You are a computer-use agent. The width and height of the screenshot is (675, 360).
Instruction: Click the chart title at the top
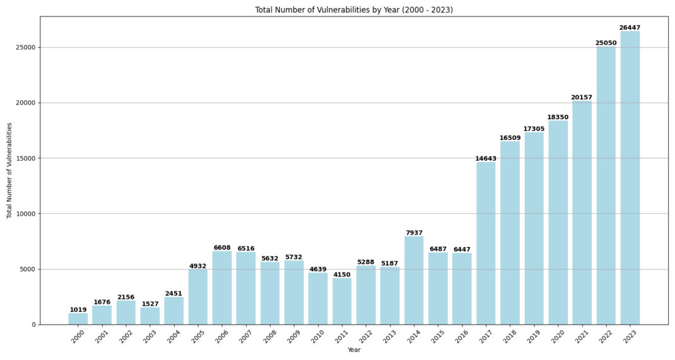point(354,10)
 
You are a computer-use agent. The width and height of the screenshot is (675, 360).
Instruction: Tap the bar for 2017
point(486,243)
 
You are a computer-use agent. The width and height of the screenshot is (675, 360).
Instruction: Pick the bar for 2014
point(414,281)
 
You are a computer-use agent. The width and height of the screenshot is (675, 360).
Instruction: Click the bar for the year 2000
point(78,319)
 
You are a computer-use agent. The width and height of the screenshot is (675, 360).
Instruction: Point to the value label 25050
point(606,43)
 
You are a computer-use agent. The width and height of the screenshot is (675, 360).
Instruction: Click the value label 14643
point(486,158)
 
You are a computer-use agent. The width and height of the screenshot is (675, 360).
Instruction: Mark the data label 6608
point(222,248)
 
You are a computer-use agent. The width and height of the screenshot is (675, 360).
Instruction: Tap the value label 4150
point(342,275)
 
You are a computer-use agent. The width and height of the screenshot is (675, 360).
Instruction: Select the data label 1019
point(78,310)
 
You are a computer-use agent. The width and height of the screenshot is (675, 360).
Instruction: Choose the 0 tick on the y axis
point(34,325)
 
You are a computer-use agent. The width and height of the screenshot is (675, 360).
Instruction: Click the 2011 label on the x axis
point(341,337)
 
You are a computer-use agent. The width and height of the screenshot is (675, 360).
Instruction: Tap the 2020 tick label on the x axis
point(556,337)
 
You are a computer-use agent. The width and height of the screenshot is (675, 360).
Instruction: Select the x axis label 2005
point(197,337)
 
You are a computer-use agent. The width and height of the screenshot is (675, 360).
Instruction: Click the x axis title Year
point(354,350)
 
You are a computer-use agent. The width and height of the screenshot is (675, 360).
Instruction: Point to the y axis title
point(9,170)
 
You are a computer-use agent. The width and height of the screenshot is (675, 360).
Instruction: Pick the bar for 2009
point(294,293)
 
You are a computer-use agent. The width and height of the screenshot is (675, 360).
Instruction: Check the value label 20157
point(582,97)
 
